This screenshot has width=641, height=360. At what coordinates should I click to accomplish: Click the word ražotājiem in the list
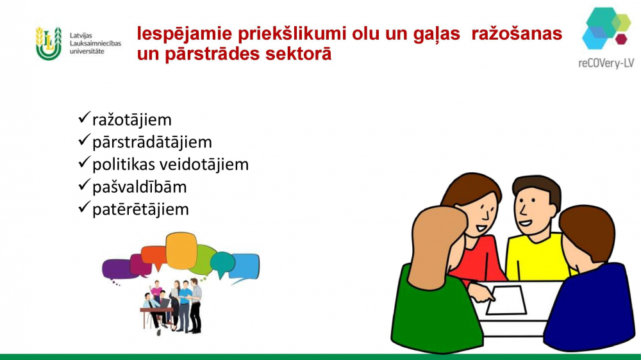131,120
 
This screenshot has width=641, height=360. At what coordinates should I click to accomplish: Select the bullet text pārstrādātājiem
152,142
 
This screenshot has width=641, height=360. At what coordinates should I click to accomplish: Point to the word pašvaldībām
139,187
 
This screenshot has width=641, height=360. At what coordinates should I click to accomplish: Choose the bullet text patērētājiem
140,209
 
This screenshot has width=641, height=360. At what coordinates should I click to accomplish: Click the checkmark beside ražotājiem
84,118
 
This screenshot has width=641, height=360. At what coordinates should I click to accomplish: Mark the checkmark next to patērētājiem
84,207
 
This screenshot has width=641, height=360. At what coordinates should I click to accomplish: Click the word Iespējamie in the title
185,34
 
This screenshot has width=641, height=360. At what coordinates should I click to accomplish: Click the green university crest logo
49,44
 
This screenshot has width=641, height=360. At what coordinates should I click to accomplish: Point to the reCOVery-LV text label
606,63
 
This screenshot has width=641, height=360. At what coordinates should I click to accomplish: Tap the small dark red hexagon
621,39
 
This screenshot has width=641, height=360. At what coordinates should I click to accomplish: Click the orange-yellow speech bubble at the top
181,250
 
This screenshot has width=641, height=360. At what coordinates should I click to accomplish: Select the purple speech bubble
119,270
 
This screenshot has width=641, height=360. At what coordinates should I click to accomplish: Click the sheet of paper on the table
506,300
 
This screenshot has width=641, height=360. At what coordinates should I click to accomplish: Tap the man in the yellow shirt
535,229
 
